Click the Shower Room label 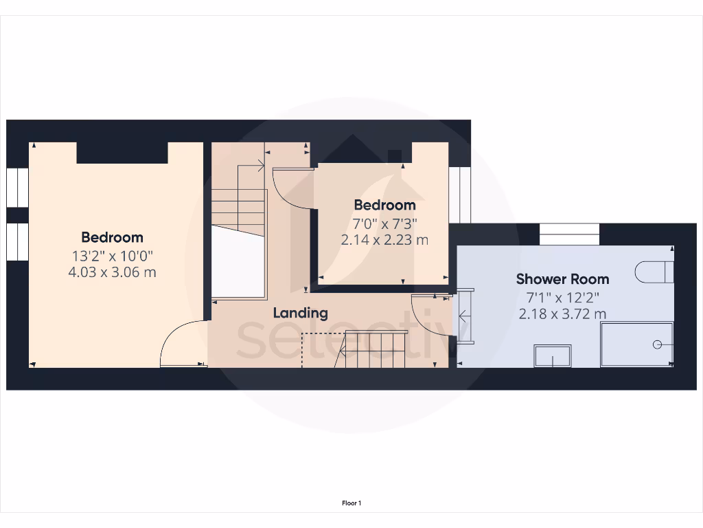pyautogui.click(x=562, y=279)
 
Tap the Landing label pyautogui.click(x=300, y=313)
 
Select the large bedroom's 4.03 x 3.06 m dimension pyautogui.click(x=113, y=272)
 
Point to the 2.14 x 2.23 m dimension pyautogui.click(x=384, y=240)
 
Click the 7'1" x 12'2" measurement pyautogui.click(x=562, y=297)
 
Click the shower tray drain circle pyautogui.click(x=658, y=344)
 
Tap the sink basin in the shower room pyautogui.click(x=552, y=356)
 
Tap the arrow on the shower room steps pyautogui.click(x=463, y=316)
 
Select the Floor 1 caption pyautogui.click(x=351, y=503)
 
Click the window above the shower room pyautogui.click(x=569, y=234)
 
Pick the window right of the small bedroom pyautogui.click(x=459, y=195)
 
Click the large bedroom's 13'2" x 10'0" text pyautogui.click(x=113, y=255)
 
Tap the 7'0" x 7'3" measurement pyautogui.click(x=384, y=223)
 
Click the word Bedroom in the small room pyautogui.click(x=384, y=205)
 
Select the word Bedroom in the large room pyautogui.click(x=113, y=237)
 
